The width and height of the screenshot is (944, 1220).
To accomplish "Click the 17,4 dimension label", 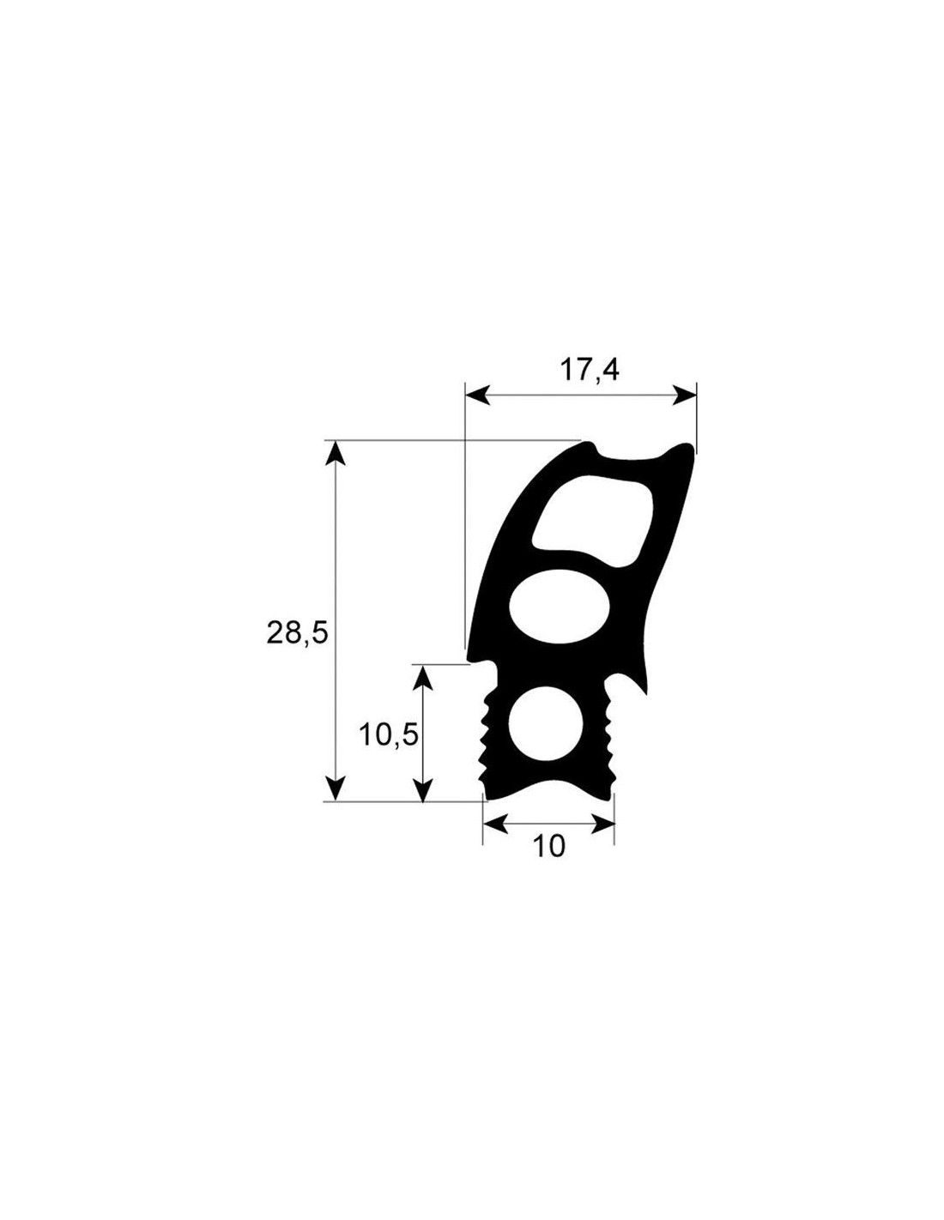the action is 589,371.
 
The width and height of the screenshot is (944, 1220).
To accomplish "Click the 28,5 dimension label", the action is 297,634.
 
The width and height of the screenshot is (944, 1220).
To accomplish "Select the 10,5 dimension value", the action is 389,735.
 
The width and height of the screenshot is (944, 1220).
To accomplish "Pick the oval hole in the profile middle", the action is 560,607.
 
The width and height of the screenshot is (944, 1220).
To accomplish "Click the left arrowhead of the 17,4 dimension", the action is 477,396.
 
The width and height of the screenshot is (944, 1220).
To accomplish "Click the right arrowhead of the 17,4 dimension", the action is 685,396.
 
